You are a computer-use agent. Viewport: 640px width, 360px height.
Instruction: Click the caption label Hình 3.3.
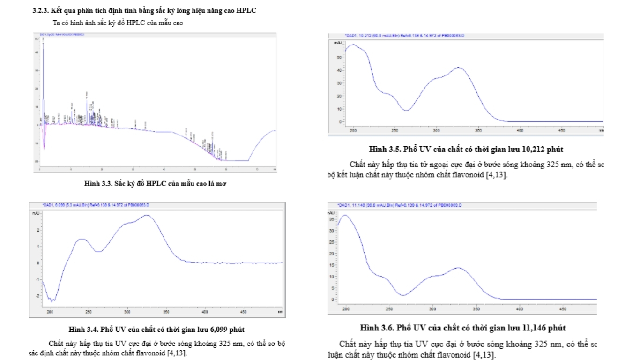(x=97, y=183)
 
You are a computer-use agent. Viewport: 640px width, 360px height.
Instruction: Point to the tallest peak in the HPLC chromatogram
(x=43, y=42)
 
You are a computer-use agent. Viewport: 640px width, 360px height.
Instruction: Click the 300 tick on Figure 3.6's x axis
(x=432, y=309)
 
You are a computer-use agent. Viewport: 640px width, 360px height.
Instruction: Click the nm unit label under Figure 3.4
(x=280, y=311)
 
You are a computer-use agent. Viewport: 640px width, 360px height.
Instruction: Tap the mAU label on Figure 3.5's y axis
(x=350, y=43)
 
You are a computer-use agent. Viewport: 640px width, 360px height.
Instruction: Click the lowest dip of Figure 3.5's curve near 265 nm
(x=406, y=110)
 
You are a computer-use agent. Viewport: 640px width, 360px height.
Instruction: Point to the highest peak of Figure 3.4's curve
(x=147, y=215)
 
